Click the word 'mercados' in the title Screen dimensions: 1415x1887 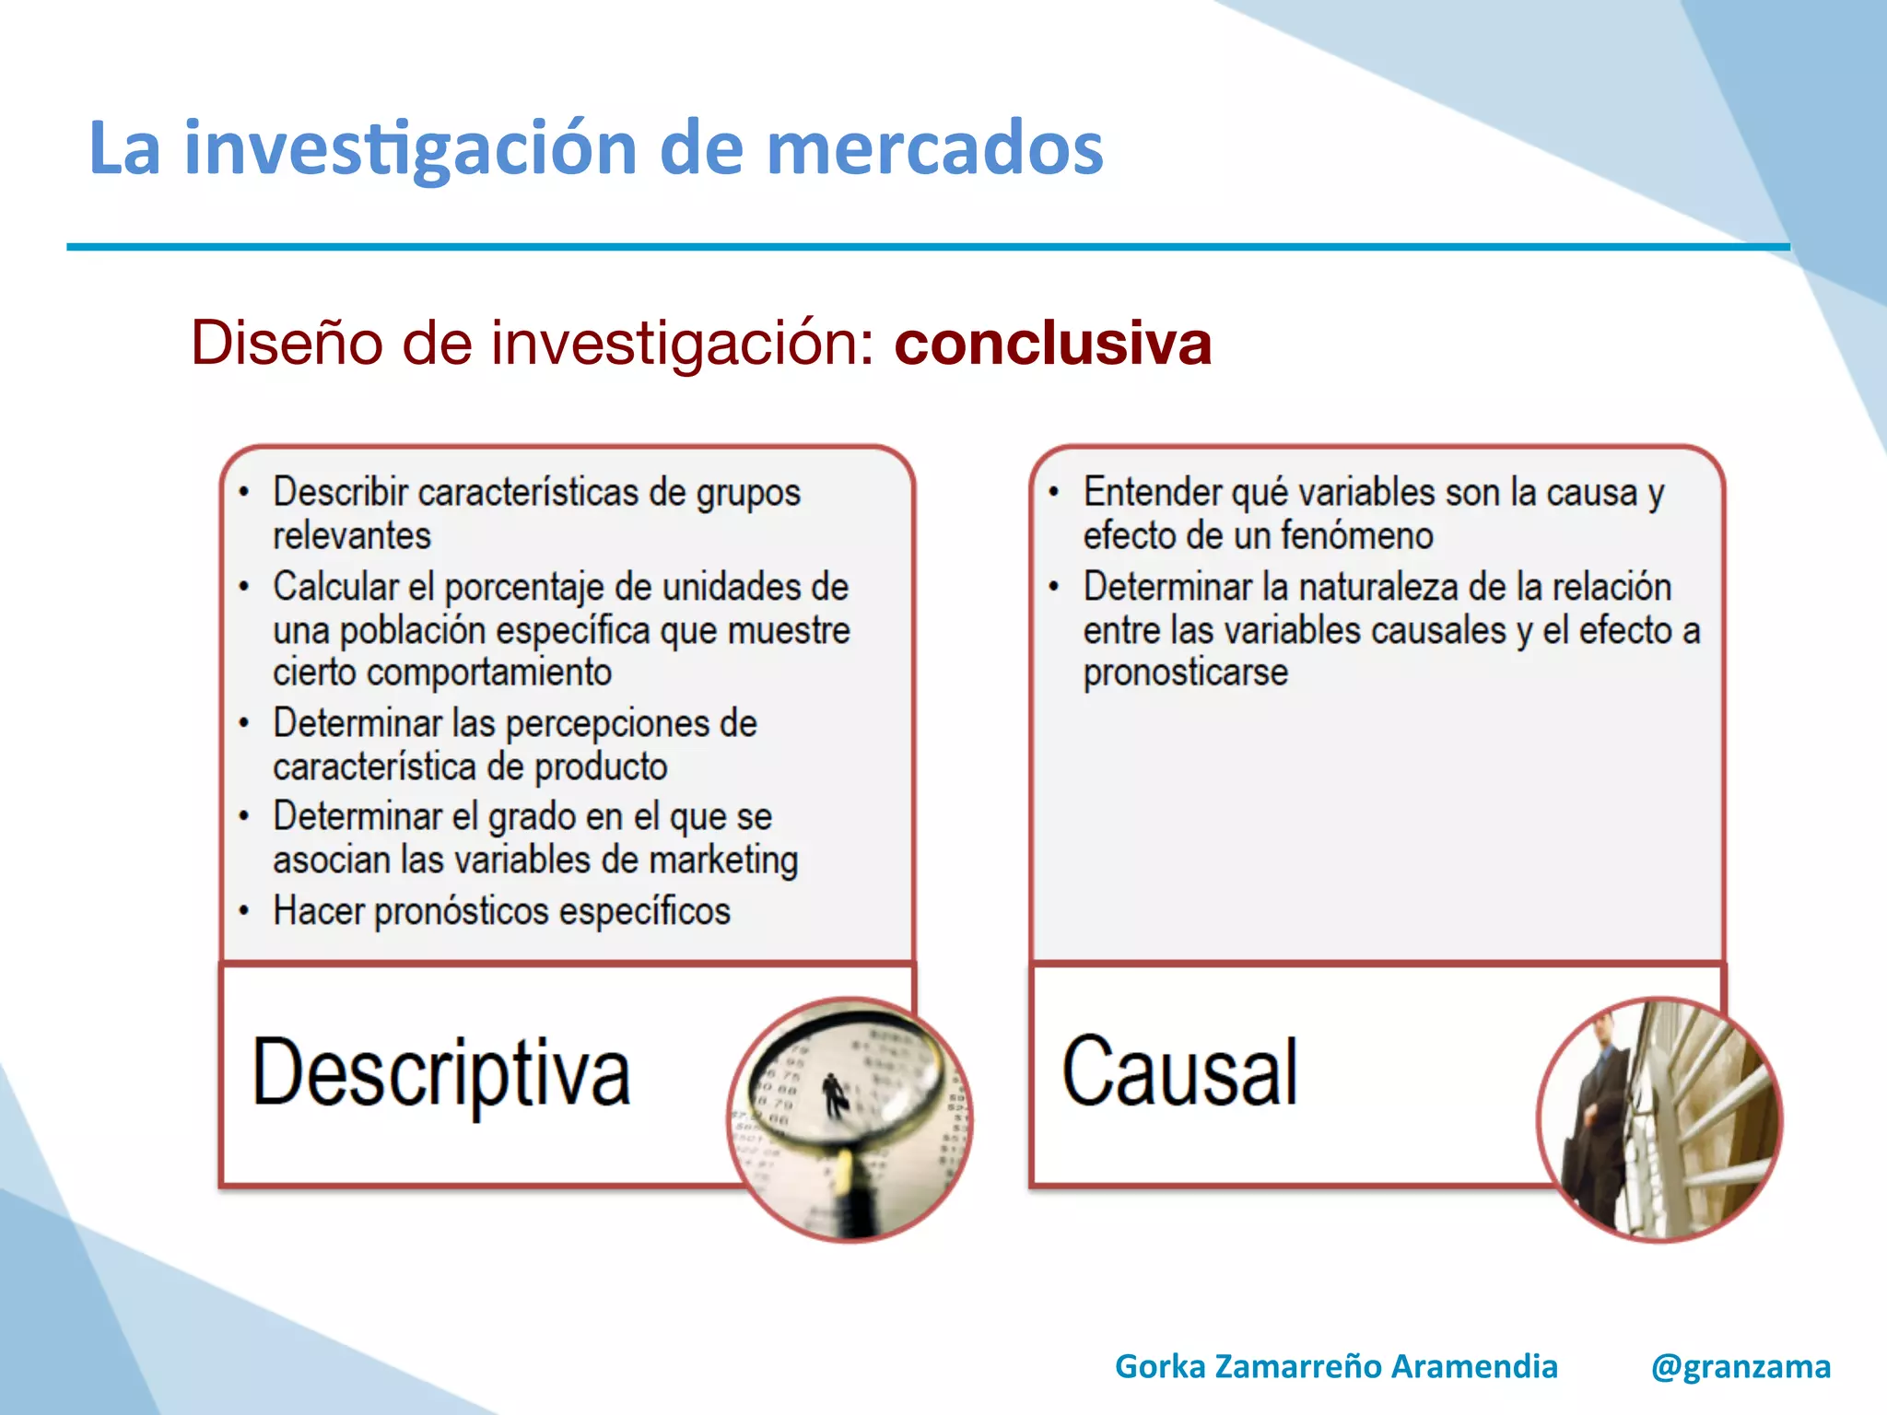(x=934, y=148)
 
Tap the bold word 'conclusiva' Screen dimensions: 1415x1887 (x=1052, y=343)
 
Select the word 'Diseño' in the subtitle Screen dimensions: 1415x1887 (x=286, y=343)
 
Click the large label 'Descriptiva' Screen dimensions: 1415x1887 (x=441, y=1073)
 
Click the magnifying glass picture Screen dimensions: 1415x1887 (x=850, y=1119)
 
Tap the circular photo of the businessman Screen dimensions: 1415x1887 (x=1659, y=1119)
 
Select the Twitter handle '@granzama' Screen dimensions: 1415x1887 (x=1740, y=1366)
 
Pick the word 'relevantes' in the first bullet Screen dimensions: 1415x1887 (x=352, y=536)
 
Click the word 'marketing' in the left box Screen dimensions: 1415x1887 (x=723, y=860)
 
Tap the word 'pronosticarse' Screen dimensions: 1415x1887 (x=1185, y=672)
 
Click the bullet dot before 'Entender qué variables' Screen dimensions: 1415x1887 (x=1054, y=493)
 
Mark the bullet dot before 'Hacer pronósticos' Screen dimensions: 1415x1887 (x=244, y=912)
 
